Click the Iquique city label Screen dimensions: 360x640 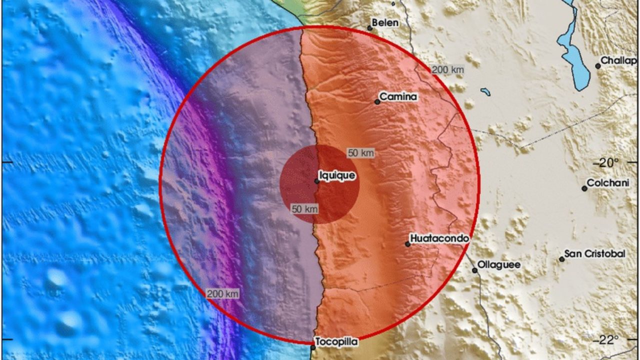point(337,175)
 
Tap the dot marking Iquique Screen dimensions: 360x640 point(317,181)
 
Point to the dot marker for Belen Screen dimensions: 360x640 point(370,28)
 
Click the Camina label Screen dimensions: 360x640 point(398,96)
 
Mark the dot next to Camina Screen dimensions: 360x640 point(377,102)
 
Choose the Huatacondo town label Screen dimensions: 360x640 point(440,238)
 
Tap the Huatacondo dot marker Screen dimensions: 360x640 point(408,244)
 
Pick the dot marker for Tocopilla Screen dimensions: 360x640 point(313,347)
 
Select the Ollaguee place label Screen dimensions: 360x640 point(498,264)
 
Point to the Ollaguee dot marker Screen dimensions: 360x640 point(475,270)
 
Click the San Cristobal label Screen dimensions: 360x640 point(595,254)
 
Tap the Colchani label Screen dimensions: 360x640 point(607,183)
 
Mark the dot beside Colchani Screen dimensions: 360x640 point(584,188)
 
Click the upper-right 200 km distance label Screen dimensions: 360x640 point(447,70)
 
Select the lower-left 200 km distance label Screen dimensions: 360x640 point(223,293)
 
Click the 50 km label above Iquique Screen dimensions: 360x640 point(360,153)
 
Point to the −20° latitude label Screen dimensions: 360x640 point(606,162)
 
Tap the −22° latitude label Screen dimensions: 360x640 point(606,340)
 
